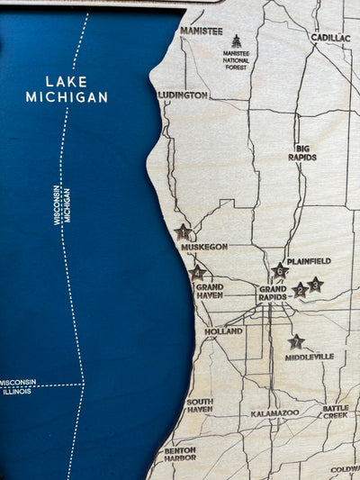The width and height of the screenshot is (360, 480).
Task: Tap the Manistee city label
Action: point(202,31)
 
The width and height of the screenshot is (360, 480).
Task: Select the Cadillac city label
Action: point(331,38)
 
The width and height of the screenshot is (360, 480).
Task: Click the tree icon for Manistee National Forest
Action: point(237,41)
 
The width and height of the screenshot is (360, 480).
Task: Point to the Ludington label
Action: point(183,95)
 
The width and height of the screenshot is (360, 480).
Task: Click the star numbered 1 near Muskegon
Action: point(184,231)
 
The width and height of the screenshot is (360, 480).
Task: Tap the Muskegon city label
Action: point(203,246)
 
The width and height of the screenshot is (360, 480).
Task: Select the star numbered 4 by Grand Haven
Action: point(197,272)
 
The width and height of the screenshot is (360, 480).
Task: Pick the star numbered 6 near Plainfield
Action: point(280,270)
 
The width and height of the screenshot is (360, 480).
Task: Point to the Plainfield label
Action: point(309,261)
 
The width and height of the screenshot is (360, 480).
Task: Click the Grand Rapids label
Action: point(273,293)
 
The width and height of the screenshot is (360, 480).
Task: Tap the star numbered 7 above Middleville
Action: point(296,342)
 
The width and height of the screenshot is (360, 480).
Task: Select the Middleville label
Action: point(309,357)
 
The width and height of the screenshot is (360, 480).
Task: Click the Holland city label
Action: point(223,331)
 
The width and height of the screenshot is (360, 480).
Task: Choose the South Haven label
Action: point(200,405)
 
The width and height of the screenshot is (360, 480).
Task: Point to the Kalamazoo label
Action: point(274,412)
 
